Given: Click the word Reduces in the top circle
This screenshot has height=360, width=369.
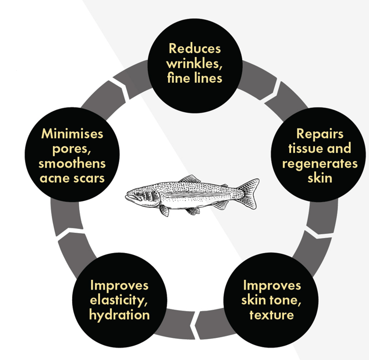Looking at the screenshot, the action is [195, 48].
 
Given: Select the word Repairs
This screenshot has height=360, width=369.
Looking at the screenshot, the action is [320, 133].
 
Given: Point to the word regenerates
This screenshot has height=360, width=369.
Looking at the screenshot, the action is [320, 163].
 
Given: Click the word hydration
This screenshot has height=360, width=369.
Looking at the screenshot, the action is [119, 315].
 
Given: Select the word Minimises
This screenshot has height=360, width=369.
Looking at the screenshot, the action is [73, 133].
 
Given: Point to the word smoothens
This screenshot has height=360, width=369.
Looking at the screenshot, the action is [73, 163].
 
